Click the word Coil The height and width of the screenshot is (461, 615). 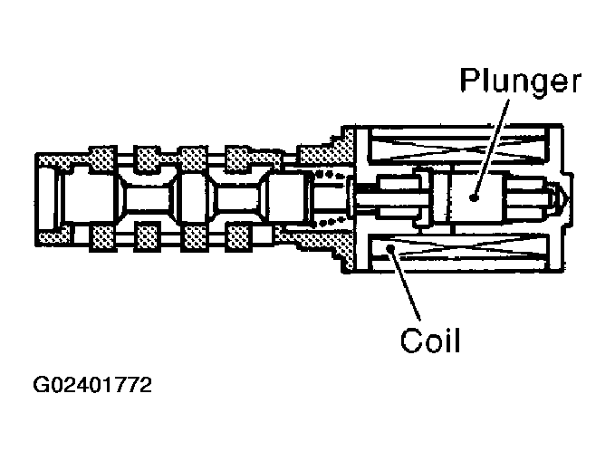click(432, 341)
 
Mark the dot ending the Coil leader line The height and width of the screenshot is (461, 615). click(389, 245)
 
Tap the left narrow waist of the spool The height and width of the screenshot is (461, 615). click(147, 197)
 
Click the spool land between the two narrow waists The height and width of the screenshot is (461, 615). click(193, 197)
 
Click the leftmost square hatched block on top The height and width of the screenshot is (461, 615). click(101, 159)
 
